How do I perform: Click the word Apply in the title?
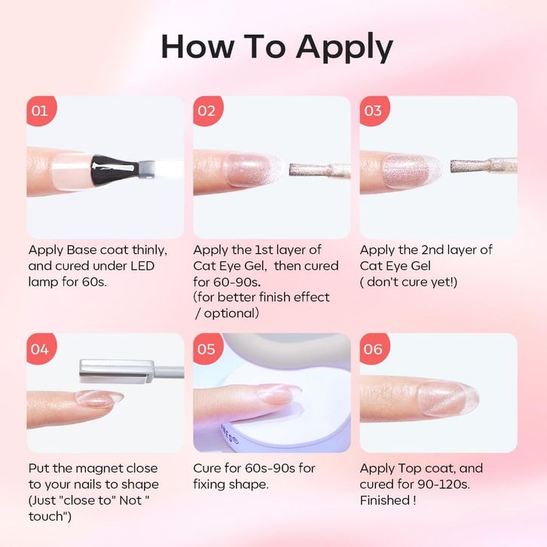click(x=344, y=47)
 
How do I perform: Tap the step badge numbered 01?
click(x=41, y=111)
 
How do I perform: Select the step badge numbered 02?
click(x=207, y=111)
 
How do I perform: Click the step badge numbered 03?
click(x=374, y=111)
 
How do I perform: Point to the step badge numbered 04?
click(x=41, y=349)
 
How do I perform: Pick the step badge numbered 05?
click(x=207, y=349)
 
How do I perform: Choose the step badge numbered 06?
click(x=374, y=349)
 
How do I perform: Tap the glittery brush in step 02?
click(x=320, y=170)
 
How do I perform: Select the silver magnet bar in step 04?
click(x=117, y=371)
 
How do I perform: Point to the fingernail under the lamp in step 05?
click(x=277, y=393)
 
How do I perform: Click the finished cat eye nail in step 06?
click(x=448, y=399)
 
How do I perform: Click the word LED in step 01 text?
click(x=142, y=266)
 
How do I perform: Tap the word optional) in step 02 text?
click(x=231, y=313)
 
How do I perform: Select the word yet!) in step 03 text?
click(x=443, y=282)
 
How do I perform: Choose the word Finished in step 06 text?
click(x=385, y=500)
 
